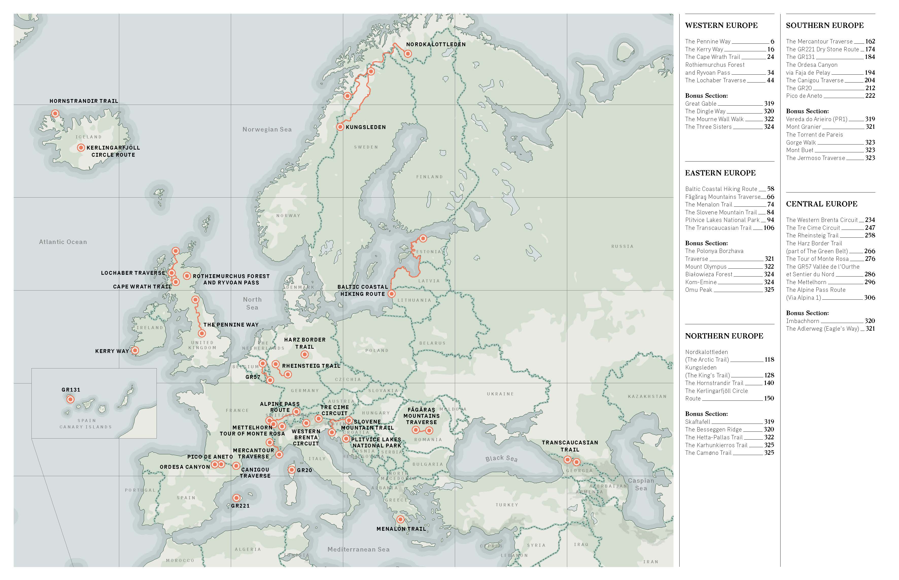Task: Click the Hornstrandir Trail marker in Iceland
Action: click(x=55, y=113)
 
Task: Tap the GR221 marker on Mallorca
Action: click(x=236, y=498)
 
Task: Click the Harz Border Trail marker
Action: click(x=305, y=355)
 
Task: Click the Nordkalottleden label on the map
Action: click(x=436, y=44)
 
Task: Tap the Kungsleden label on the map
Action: click(x=366, y=127)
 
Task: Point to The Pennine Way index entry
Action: click(x=707, y=41)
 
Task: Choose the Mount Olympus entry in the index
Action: click(x=706, y=267)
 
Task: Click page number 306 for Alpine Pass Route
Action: click(x=869, y=298)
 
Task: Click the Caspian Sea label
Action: click(x=641, y=484)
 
